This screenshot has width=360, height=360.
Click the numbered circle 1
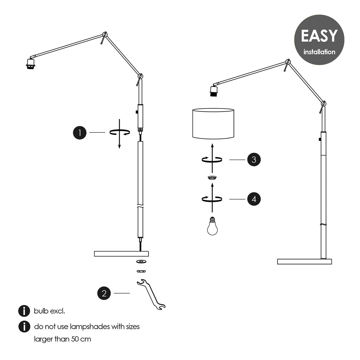(x=80, y=133)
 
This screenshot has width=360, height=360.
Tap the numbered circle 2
(x=104, y=293)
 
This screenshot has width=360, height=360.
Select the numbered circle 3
(x=254, y=160)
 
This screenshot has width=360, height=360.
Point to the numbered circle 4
(x=254, y=199)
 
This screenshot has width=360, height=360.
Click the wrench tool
(x=151, y=295)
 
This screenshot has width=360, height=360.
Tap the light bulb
(x=212, y=226)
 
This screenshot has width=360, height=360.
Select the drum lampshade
(x=213, y=124)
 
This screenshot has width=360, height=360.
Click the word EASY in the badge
(x=319, y=36)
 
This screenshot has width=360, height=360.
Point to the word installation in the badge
(x=319, y=52)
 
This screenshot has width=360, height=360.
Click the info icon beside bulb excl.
(x=24, y=311)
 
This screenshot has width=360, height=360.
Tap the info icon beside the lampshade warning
(x=24, y=327)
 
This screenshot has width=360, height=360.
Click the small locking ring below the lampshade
(x=212, y=178)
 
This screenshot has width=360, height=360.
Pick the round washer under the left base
(x=141, y=261)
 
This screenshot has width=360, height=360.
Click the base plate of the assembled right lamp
(x=304, y=262)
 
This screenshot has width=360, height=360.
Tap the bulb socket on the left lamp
(x=31, y=64)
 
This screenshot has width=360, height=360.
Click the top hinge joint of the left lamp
(x=105, y=34)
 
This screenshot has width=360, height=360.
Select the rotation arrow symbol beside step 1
(x=120, y=133)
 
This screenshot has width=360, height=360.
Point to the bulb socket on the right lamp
(x=214, y=91)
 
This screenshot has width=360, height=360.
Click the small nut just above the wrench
(x=141, y=271)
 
